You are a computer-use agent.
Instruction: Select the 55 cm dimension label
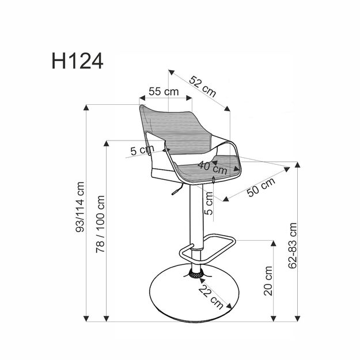[x=163, y=92]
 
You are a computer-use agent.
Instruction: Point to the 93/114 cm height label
[x=80, y=207]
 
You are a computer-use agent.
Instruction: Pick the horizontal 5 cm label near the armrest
[x=138, y=151]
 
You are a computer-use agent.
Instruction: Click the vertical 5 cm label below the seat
[x=210, y=203]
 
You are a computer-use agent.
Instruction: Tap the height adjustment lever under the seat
[x=174, y=192]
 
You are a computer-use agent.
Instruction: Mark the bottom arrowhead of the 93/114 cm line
[x=87, y=317]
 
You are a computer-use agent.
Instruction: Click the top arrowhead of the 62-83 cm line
[x=298, y=165]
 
